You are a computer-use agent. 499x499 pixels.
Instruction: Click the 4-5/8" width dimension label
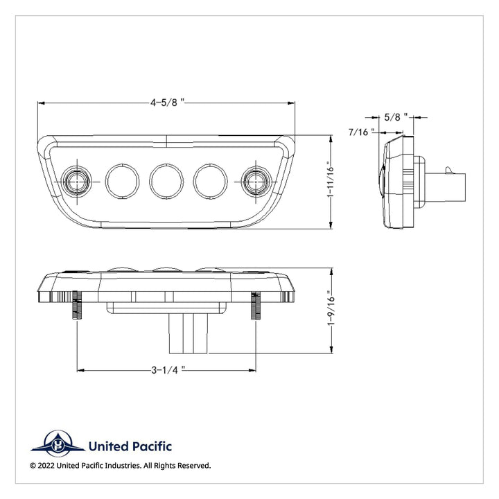tap(168, 103)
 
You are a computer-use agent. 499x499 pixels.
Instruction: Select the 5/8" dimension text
tap(396, 117)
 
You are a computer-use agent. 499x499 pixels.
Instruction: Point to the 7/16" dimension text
tap(361, 132)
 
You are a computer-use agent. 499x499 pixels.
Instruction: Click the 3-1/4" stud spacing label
tap(168, 370)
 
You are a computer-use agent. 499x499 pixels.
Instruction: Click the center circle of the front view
tap(166, 181)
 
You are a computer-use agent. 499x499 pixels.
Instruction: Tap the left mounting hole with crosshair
tap(76, 182)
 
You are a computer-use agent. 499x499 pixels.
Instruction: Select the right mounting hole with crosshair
tap(256, 182)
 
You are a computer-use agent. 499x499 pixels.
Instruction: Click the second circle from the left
tap(122, 181)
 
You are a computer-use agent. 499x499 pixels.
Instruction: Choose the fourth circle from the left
tap(211, 181)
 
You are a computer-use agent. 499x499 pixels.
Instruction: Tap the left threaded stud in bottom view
tap(77, 305)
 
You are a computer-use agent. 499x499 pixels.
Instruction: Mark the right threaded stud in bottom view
tap(256, 305)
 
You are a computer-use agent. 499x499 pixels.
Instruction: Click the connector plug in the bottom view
tap(189, 333)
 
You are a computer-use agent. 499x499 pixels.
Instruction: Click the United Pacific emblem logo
tap(58, 444)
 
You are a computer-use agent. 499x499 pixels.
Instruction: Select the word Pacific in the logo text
tap(152, 446)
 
